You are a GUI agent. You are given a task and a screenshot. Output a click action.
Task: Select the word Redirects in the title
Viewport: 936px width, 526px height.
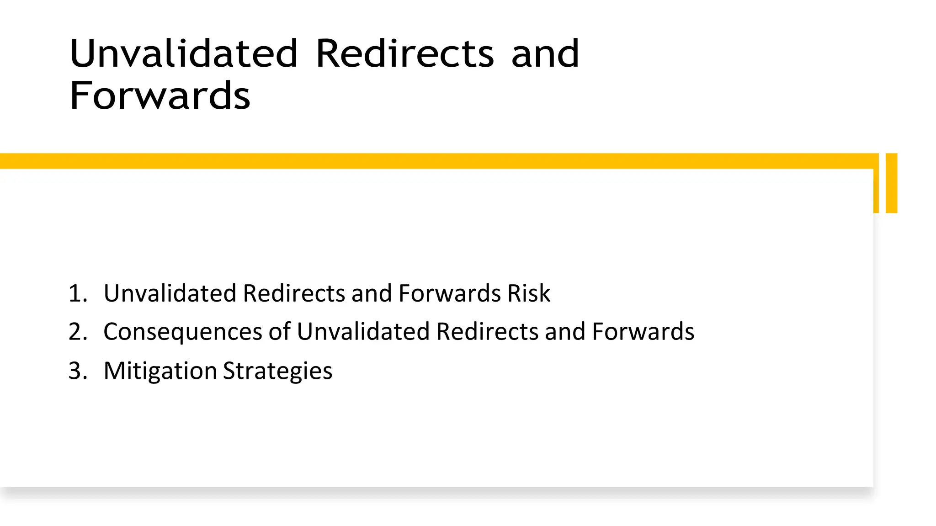click(x=405, y=53)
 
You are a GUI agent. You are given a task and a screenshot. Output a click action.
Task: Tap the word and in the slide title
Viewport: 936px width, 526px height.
click(x=545, y=53)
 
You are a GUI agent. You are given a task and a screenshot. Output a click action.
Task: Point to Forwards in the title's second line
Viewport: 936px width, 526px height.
click(x=160, y=96)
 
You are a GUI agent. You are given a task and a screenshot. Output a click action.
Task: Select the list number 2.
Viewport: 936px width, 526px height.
click(x=77, y=332)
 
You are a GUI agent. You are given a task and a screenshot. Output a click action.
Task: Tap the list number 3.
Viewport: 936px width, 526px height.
click(x=77, y=371)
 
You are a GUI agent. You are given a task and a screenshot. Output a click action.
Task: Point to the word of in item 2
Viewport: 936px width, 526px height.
click(x=279, y=332)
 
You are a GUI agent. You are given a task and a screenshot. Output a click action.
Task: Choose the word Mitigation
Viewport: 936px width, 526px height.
click(x=160, y=371)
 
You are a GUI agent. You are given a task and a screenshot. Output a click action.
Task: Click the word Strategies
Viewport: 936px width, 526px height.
click(x=277, y=371)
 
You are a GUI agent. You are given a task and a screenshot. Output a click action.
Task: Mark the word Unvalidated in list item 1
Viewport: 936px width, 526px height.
click(x=170, y=293)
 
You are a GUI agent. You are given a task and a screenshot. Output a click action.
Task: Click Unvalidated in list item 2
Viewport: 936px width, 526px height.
click(x=363, y=332)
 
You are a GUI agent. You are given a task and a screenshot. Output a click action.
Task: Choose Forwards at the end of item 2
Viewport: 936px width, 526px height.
click(x=643, y=332)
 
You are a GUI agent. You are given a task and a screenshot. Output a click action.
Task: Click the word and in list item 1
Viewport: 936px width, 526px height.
click(x=372, y=293)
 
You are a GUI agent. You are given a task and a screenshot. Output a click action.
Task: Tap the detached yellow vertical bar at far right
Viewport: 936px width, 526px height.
click(x=891, y=183)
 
